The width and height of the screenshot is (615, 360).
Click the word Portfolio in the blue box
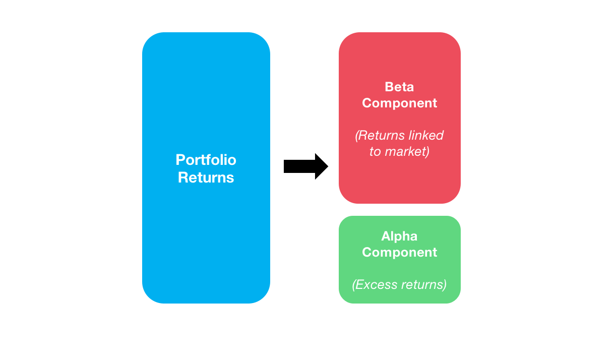click(x=206, y=160)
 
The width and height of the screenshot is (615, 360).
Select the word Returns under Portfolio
click(x=206, y=177)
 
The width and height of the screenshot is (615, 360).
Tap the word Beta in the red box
click(x=399, y=87)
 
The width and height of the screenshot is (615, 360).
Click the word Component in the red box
click(x=399, y=103)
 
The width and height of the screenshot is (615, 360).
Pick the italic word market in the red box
click(x=406, y=152)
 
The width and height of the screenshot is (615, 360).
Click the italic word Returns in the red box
click(x=382, y=136)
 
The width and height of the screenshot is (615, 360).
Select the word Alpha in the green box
click(x=399, y=236)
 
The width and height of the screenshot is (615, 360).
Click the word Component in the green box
click(x=399, y=252)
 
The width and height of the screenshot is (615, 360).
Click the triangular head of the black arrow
click(x=321, y=166)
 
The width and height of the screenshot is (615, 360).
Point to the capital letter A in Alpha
click(x=386, y=236)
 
